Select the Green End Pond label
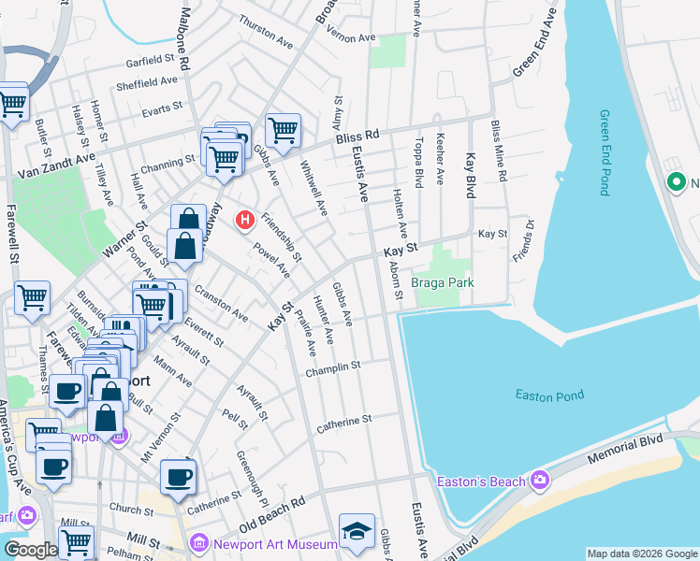[x=605, y=152]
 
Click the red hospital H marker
[x=245, y=221]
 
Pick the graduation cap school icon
[x=357, y=531]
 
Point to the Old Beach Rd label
[x=272, y=515]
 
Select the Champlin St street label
[x=333, y=370]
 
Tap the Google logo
[x=31, y=551]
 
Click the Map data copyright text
[x=642, y=554]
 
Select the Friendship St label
[x=282, y=237]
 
